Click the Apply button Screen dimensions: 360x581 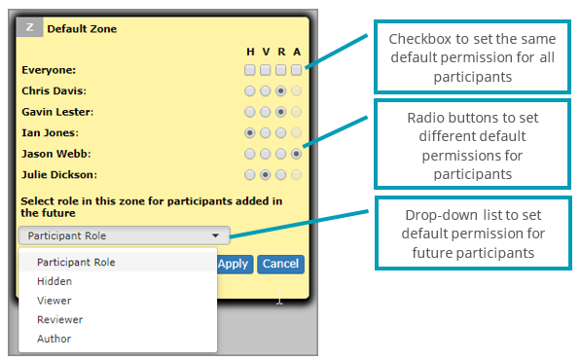tap(233, 264)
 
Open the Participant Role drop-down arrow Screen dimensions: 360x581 tap(215, 235)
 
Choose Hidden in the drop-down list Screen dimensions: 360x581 tap(54, 281)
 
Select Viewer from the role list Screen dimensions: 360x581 tap(54, 301)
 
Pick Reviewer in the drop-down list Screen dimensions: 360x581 tap(59, 319)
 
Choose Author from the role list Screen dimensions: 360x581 tap(54, 339)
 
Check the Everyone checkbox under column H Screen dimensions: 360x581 tap(250, 70)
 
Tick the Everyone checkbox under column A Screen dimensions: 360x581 tap(296, 70)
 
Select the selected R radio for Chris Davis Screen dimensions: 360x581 tap(280, 90)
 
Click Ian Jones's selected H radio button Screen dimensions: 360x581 tap(250, 132)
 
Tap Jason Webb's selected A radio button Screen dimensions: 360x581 tap(296, 154)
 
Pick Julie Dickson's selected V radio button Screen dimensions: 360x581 tap(265, 175)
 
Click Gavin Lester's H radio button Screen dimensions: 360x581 tap(250, 112)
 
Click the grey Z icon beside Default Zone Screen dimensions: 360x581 tap(30, 28)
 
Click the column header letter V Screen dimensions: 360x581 tap(265, 53)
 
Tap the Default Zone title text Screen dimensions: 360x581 tap(82, 29)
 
